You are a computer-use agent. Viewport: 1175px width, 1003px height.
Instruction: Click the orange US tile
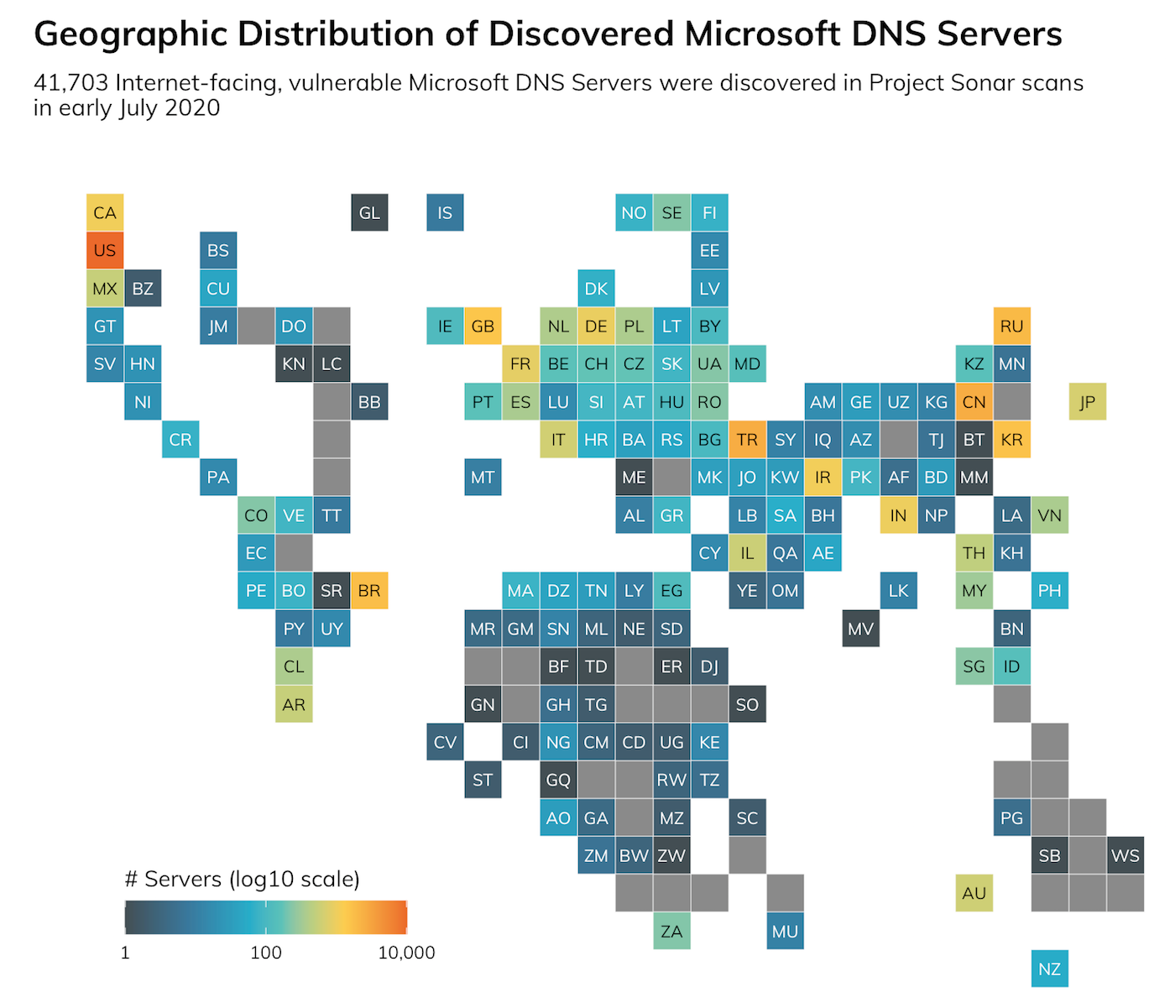pos(105,250)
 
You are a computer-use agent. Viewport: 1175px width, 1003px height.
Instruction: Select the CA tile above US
pos(105,212)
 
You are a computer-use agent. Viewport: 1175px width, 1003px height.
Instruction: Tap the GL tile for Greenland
pos(369,212)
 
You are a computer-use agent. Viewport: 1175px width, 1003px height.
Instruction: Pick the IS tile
pos(445,212)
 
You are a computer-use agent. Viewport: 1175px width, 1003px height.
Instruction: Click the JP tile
pos(1087,401)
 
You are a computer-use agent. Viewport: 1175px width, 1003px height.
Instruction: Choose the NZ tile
pos(1049,969)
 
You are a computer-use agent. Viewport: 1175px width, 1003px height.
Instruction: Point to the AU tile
pos(974,893)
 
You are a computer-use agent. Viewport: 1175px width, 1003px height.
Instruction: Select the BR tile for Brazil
pos(369,591)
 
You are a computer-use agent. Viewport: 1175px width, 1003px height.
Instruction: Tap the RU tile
pos(1011,326)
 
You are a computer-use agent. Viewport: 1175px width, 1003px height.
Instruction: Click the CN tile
pos(974,401)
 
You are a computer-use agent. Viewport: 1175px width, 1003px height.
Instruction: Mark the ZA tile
pos(671,931)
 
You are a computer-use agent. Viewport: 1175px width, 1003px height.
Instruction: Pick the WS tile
pos(1125,855)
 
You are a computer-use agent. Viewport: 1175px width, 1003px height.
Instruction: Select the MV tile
pos(860,629)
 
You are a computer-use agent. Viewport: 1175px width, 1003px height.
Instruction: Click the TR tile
pos(747,440)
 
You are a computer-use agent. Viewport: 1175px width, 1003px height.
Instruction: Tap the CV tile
pos(445,742)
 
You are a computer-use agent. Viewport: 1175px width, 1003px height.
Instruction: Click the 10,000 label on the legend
pos(406,953)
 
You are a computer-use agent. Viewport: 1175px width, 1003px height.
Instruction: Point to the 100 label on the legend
pos(266,953)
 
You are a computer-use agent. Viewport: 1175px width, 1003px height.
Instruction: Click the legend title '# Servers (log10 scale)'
pos(242,879)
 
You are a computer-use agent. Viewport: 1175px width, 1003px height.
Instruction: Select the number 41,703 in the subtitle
pos(70,83)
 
